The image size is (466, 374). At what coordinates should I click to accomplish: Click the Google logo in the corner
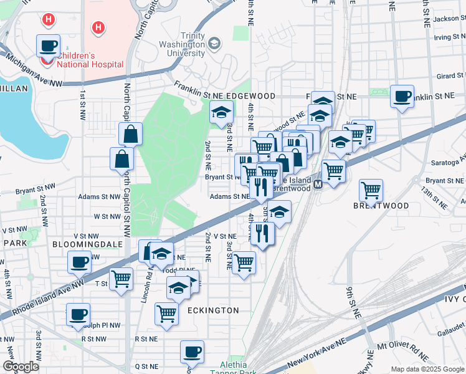pyautogui.click(x=21, y=366)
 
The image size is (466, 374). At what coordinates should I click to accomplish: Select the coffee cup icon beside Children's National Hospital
pyautogui.click(x=49, y=46)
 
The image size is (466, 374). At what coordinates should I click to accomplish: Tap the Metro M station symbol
pyautogui.click(x=318, y=185)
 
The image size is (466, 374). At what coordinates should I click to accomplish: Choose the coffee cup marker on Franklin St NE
pyautogui.click(x=402, y=97)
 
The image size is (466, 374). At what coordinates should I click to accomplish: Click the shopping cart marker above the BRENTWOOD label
pyautogui.click(x=371, y=190)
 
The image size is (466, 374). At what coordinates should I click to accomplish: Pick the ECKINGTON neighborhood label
pyautogui.click(x=213, y=310)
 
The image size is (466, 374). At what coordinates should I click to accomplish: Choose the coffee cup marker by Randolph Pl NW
pyautogui.click(x=78, y=315)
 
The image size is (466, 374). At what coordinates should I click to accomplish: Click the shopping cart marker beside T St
pyautogui.click(x=121, y=279)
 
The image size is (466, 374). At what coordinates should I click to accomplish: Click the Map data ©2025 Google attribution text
pyautogui.click(x=427, y=369)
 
